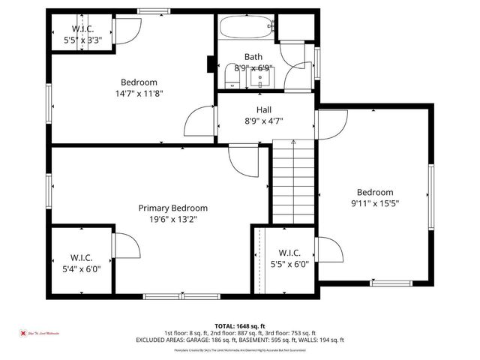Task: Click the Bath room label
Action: coord(253,57)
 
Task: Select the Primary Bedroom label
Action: coord(172,208)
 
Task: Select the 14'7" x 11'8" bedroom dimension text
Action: coord(139,94)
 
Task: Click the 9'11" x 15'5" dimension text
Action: coord(374,203)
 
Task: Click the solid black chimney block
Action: coord(211,65)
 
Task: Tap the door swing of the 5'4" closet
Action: coord(124,246)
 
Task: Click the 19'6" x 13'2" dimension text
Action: coord(172,219)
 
